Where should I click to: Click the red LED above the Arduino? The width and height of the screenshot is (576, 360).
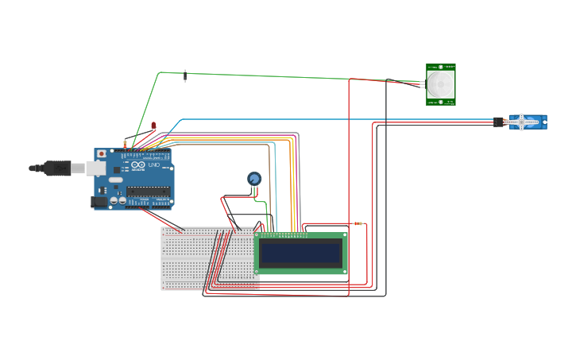154,126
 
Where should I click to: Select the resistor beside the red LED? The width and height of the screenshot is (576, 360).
125,144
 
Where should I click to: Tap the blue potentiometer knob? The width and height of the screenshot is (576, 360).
254,179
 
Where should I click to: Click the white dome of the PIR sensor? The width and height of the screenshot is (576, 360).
440,83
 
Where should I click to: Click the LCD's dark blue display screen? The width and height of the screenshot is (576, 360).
300,254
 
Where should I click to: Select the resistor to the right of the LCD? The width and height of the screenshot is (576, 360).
358,223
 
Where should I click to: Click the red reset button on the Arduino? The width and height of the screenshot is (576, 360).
101,153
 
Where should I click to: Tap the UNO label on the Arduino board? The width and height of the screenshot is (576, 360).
154,165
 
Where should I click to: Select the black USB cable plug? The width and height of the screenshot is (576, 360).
56,168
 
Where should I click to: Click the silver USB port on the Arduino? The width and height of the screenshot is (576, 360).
95,168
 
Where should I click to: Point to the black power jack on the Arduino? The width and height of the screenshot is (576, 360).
99,202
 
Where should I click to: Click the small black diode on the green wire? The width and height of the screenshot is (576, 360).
186,75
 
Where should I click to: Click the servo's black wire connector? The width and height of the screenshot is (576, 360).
499,122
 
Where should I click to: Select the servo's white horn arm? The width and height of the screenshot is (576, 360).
520,122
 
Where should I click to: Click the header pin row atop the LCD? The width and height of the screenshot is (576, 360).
284,234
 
